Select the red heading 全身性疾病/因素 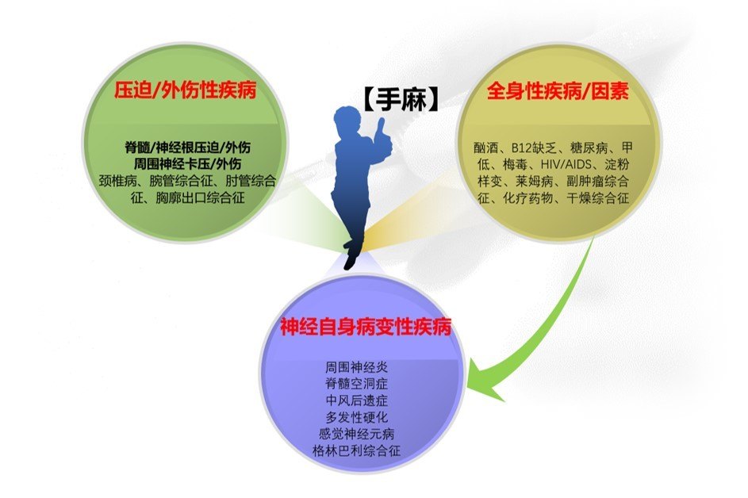(557, 93)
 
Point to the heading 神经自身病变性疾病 (366, 325)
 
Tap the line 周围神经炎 (357, 368)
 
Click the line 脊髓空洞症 (357, 385)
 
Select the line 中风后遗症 (357, 401)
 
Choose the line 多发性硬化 (357, 417)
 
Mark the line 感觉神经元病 (357, 434)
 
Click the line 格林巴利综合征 (357, 450)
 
